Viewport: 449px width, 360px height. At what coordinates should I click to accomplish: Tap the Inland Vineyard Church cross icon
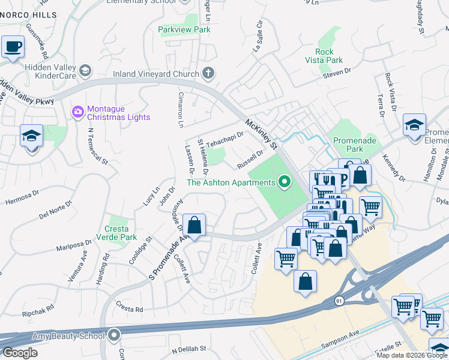208,74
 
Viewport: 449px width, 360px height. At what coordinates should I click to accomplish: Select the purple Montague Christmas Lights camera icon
77,112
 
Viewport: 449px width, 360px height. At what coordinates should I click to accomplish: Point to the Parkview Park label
184,29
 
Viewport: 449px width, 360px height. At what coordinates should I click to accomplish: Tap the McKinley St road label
262,134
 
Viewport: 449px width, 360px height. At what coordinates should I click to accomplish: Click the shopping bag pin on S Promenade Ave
194,226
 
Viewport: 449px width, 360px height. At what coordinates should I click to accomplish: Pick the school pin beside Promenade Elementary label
414,125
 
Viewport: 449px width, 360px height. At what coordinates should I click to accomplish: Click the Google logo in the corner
20,353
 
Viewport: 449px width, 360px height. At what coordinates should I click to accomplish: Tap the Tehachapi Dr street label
224,139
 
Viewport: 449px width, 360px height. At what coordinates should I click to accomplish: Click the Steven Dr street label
336,72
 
